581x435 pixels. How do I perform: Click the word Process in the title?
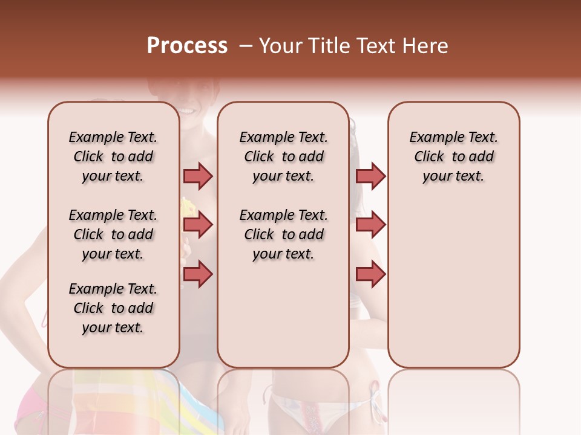point(187,46)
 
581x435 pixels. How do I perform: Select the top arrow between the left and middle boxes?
point(198,176)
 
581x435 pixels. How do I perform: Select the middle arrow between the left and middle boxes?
point(198,225)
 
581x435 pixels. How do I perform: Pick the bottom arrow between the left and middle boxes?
point(198,274)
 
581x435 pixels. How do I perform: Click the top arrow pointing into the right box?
point(370,176)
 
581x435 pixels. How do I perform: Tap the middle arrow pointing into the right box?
point(370,225)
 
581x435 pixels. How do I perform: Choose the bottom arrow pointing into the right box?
point(370,274)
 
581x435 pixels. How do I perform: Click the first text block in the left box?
point(113,156)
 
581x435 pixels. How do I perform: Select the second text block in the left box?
point(113,234)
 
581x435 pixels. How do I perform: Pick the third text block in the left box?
point(113,308)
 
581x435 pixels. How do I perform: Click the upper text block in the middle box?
point(283,156)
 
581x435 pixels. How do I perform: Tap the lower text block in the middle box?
point(283,234)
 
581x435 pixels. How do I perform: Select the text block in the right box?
point(453,156)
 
